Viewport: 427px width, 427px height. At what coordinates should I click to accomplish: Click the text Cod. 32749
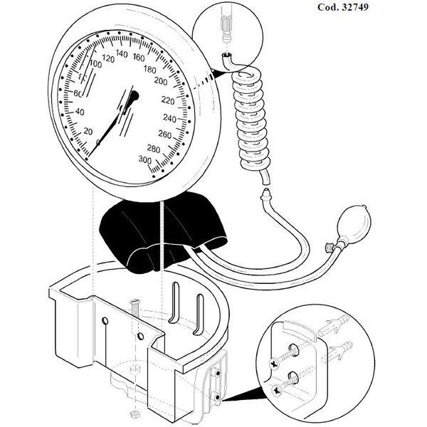343,7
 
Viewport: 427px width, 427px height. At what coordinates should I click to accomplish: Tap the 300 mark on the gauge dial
145,159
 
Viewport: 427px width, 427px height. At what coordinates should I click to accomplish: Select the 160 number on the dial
139,57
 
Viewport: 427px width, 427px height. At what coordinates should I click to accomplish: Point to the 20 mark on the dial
88,132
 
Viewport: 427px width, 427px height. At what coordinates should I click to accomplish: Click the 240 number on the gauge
169,118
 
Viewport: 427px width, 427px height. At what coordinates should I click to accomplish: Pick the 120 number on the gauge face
108,58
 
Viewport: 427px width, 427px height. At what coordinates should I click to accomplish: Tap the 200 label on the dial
161,81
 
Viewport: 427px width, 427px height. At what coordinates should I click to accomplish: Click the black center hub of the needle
135,96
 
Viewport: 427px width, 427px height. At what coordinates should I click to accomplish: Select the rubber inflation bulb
354,223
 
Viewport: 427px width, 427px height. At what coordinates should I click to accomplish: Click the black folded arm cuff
163,232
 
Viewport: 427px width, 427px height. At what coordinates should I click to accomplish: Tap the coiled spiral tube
251,120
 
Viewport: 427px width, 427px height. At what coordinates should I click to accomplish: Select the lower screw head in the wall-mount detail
277,390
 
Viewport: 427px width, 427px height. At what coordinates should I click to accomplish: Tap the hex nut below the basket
135,414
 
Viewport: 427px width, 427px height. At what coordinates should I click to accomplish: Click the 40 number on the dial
80,112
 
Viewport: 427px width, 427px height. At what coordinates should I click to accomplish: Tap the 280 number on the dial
153,149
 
